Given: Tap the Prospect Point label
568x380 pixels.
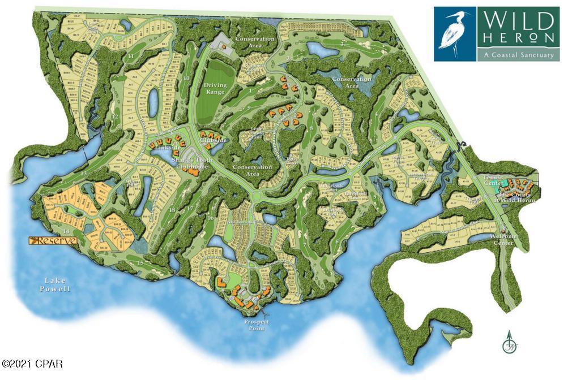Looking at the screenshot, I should point(256,325).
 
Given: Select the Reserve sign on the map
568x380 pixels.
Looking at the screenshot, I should point(53,241).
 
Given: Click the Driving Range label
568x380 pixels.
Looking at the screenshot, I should point(215,88).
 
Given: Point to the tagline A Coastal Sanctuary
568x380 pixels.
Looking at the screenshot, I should point(516,54).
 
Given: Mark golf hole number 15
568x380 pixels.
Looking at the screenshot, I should point(140,262).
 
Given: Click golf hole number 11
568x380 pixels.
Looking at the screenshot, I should point(131,57).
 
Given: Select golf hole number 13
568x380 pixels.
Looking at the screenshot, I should point(84,172).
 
